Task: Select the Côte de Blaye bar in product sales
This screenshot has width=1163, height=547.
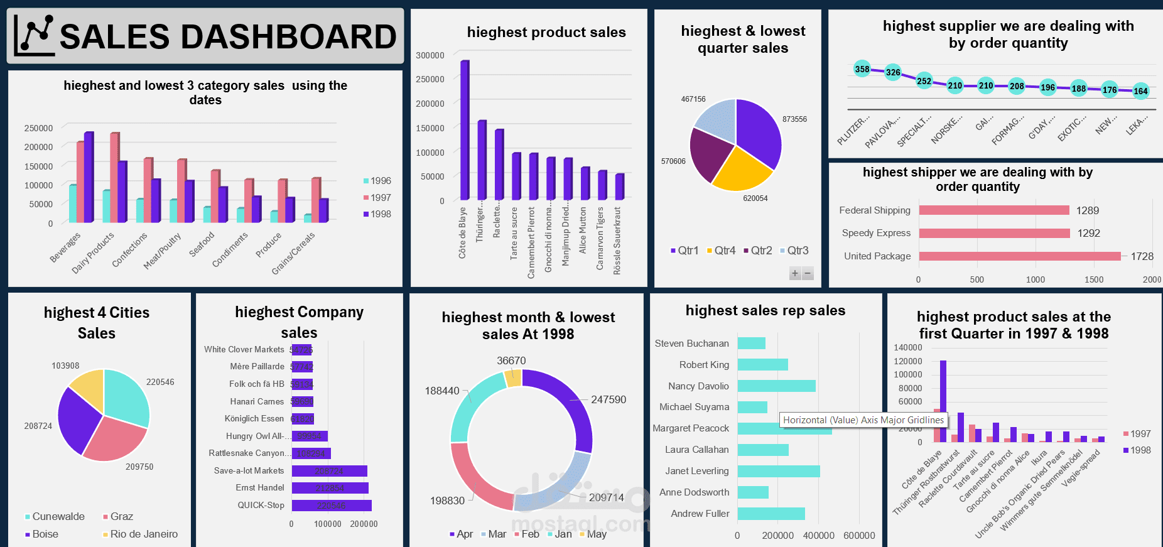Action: pos(465,131)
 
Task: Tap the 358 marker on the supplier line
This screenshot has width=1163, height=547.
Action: pos(862,69)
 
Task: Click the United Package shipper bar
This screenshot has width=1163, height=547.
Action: pos(1019,256)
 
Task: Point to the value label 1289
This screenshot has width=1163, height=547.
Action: pos(1087,210)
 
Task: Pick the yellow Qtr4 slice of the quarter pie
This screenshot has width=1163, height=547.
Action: pos(740,171)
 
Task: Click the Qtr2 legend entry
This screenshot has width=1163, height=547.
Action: pos(757,251)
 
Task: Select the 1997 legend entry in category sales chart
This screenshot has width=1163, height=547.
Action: pos(377,197)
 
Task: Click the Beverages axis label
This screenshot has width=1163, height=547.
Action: pos(65,247)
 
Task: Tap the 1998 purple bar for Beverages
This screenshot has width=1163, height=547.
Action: pos(89,177)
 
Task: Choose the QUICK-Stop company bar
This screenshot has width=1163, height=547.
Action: pos(331,506)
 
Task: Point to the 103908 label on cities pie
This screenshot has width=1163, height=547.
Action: pos(65,366)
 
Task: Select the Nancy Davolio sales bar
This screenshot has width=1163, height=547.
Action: pos(776,386)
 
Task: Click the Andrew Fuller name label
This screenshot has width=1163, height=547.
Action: pos(700,514)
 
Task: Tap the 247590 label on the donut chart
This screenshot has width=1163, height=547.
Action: pos(608,399)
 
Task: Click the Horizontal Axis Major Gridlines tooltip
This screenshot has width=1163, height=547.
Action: pos(863,420)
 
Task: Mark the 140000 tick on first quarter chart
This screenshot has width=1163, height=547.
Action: pos(907,347)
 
